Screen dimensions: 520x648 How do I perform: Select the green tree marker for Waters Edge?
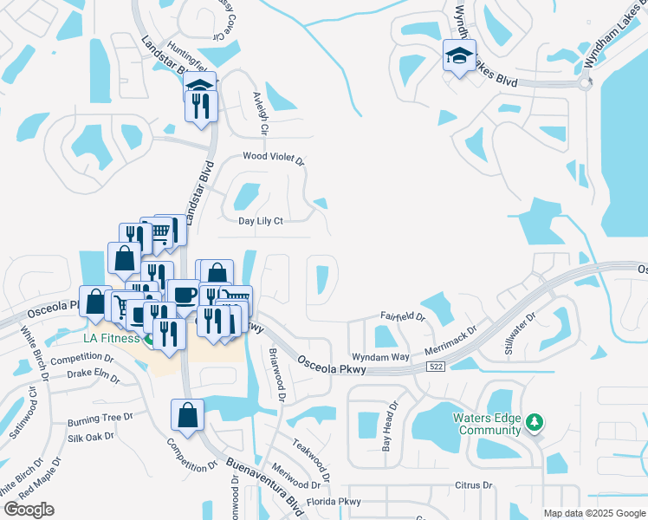pyautogui.click(x=535, y=422)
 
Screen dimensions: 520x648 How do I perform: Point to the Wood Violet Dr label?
pyautogui.click(x=274, y=159)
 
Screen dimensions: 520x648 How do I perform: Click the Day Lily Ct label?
pyautogui.click(x=261, y=221)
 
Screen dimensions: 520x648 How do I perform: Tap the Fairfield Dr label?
pyautogui.click(x=403, y=317)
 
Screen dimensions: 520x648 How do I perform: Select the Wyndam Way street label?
pyautogui.click(x=379, y=357)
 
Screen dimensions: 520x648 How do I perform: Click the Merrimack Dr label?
pyautogui.click(x=450, y=339)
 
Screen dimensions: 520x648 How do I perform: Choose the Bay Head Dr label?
pyautogui.click(x=391, y=426)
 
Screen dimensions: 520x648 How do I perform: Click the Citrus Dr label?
pyautogui.click(x=474, y=486)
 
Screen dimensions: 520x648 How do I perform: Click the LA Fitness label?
pyautogui.click(x=112, y=338)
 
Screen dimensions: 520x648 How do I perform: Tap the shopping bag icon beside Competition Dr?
pyautogui.click(x=187, y=415)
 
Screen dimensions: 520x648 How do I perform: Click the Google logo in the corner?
pyautogui.click(x=29, y=510)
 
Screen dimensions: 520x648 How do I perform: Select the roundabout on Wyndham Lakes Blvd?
pyautogui.click(x=585, y=84)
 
